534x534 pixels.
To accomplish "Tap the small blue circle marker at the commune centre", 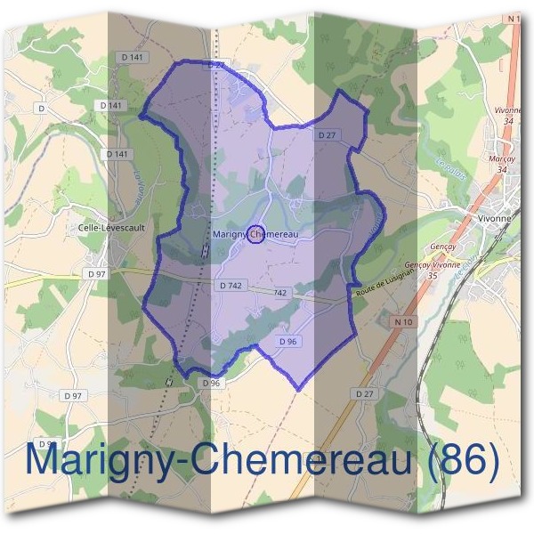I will click(x=254, y=234).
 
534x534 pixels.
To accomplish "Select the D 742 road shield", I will click(x=230, y=286).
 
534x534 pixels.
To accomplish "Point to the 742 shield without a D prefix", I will click(x=280, y=293).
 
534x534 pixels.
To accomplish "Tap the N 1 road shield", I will click(x=513, y=19).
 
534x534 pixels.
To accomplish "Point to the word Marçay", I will click(x=502, y=158).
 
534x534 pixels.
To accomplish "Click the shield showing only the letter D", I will click(x=42, y=108).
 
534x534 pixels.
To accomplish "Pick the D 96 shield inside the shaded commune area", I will click(x=287, y=341).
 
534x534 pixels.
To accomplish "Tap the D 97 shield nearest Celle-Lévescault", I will click(x=97, y=274).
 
